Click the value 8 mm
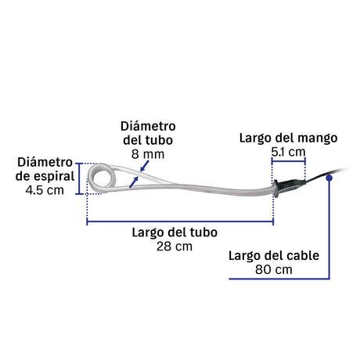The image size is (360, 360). [148, 154]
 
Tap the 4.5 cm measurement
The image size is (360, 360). [45, 190]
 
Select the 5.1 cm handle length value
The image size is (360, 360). [288, 152]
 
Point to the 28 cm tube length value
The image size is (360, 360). [175, 247]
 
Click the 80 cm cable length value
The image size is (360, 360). [274, 269]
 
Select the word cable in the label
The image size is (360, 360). [303, 256]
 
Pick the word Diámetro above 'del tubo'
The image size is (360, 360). [148, 126]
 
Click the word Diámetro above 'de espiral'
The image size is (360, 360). [45, 162]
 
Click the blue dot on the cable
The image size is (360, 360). [329, 178]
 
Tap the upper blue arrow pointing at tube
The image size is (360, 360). [145, 166]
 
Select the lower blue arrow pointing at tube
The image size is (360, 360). [134, 182]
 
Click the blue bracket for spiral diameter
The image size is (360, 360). [79, 178]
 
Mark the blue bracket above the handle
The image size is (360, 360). [289, 161]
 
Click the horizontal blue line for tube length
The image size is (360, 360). [180, 222]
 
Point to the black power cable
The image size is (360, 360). [326, 175]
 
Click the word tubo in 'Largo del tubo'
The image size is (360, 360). [203, 232]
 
